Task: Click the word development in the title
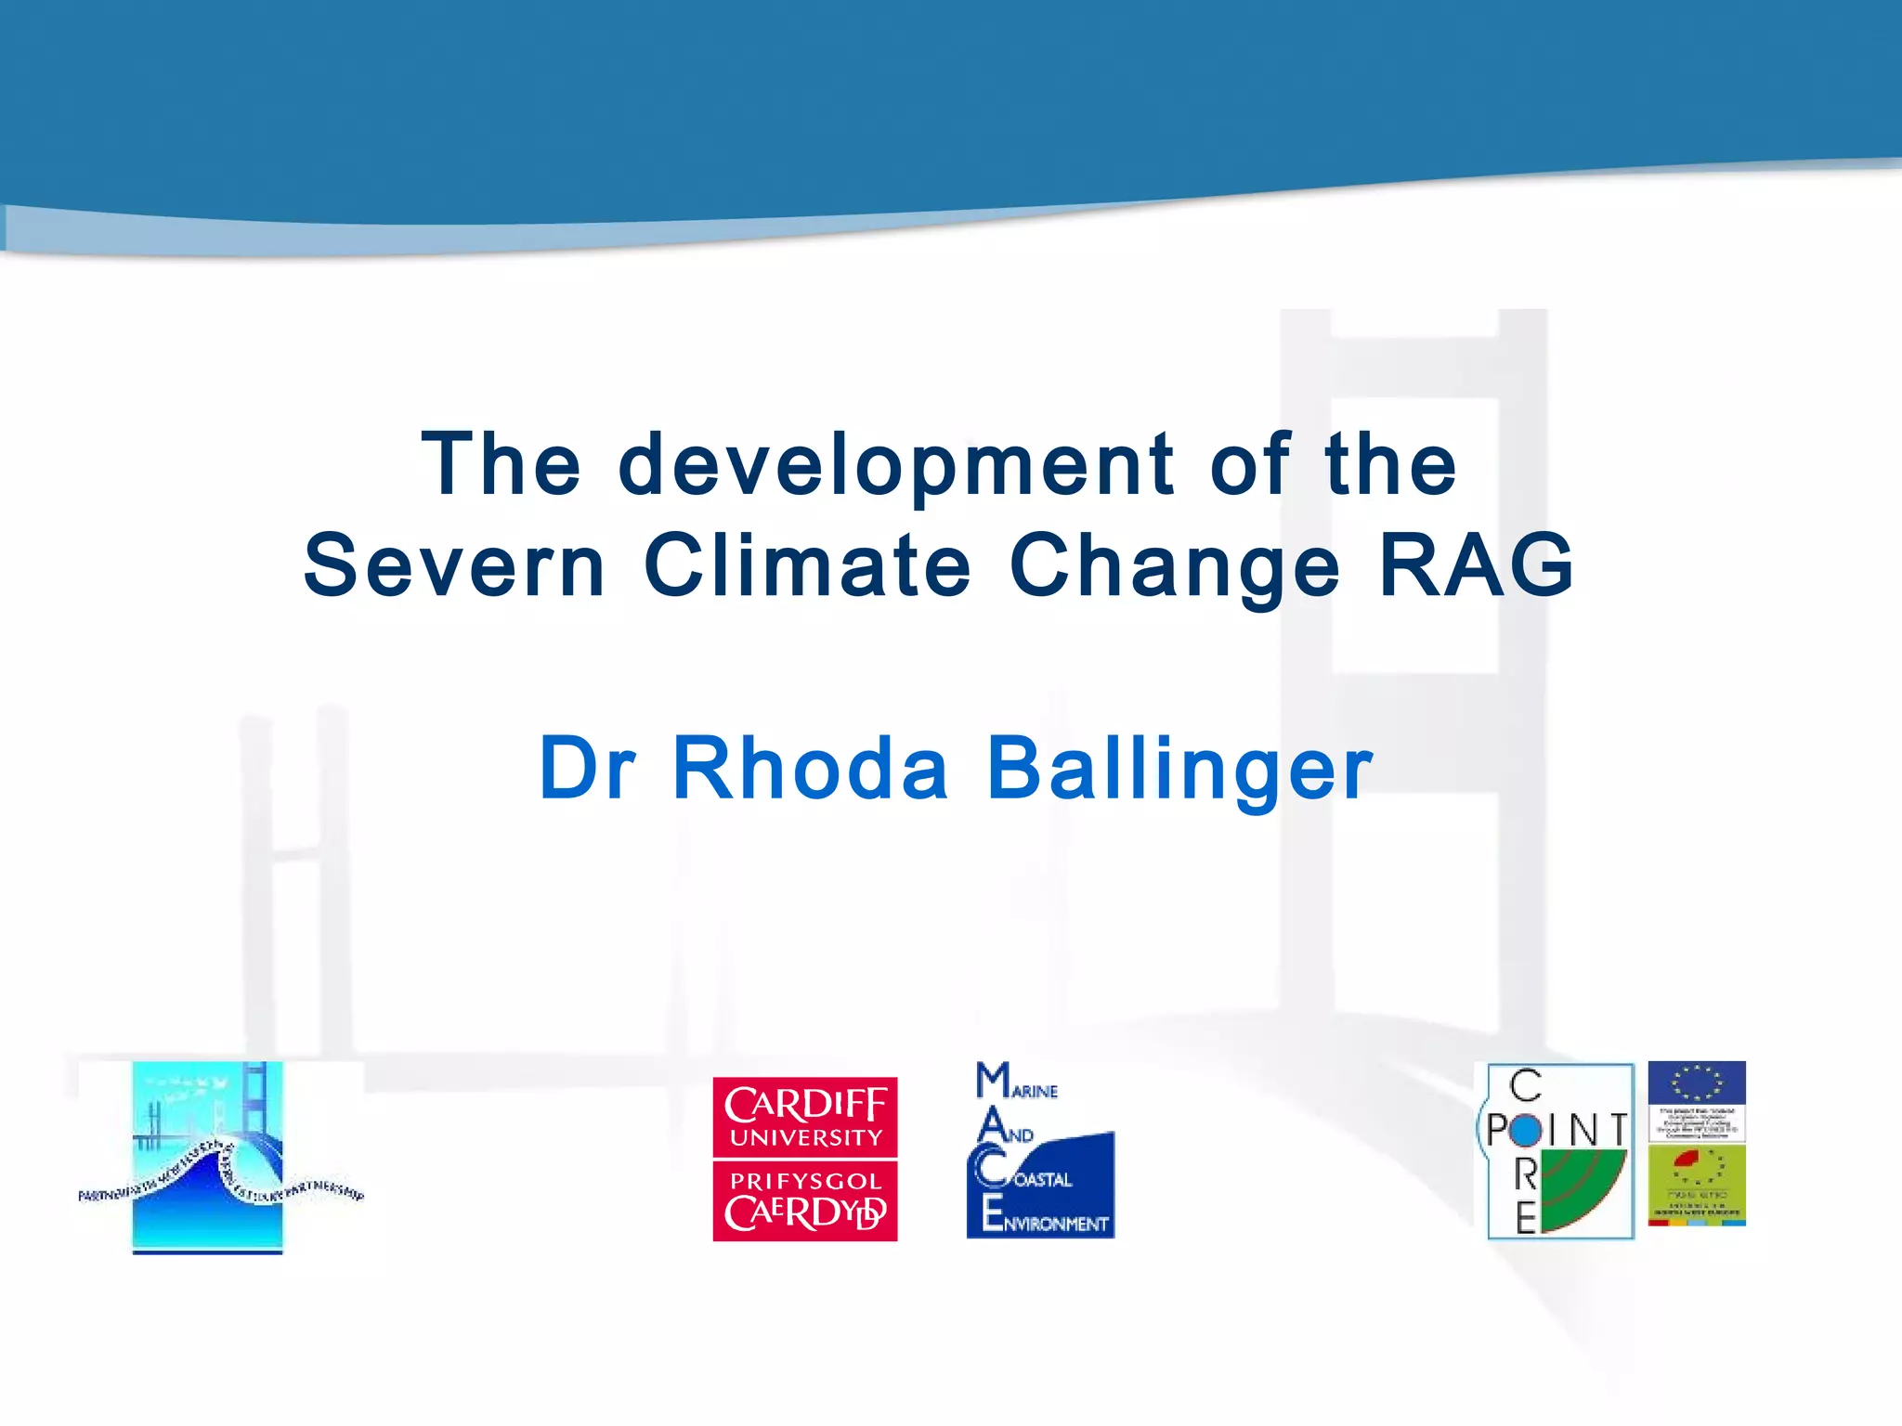pos(896,466)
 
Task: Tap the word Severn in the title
pos(455,565)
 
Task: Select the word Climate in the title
pos(807,565)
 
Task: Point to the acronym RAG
pos(1477,565)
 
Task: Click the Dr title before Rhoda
pos(587,768)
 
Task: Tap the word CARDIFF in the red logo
pos(805,1105)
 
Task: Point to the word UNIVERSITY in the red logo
pos(805,1138)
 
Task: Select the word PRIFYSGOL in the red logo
pos(805,1182)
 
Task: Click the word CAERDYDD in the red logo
pos(805,1212)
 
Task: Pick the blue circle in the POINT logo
pos(1525,1130)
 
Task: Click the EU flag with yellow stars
pos(1697,1082)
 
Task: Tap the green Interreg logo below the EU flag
pos(1697,1183)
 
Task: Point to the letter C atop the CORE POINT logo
pos(1525,1085)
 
